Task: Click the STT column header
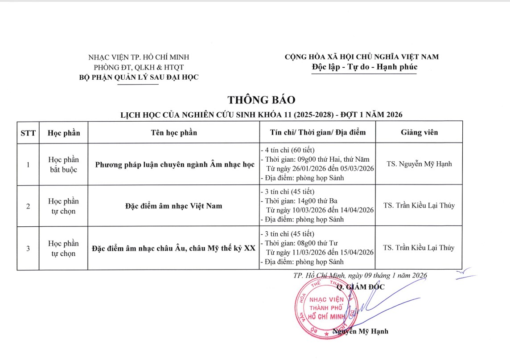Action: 28,132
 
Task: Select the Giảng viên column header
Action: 419,132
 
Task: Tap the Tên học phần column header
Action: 174,132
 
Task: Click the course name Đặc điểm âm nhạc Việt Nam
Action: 174,206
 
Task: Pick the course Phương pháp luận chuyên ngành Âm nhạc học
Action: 175,164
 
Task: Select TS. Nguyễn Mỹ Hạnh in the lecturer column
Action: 419,164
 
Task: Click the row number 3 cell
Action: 28,249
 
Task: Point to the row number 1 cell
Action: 28,164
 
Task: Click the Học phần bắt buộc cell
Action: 63,164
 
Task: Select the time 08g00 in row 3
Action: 303,243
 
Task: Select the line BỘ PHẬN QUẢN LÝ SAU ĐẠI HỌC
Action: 138,77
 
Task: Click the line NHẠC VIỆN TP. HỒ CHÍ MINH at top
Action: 139,57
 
